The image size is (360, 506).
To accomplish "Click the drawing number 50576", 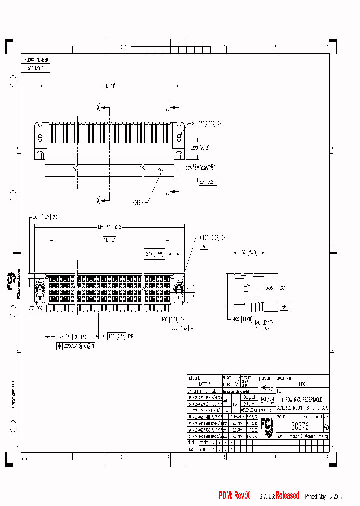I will click(300, 426).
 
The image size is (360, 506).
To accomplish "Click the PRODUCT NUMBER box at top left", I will click(35, 60).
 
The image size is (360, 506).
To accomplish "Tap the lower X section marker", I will click(99, 200).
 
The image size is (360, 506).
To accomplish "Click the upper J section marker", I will click(168, 106).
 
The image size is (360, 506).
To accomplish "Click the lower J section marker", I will click(168, 190).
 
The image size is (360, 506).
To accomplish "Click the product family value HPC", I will click(302, 385).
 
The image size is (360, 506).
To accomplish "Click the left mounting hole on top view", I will click(40, 137).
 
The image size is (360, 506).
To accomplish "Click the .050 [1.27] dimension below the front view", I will click(178, 328).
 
